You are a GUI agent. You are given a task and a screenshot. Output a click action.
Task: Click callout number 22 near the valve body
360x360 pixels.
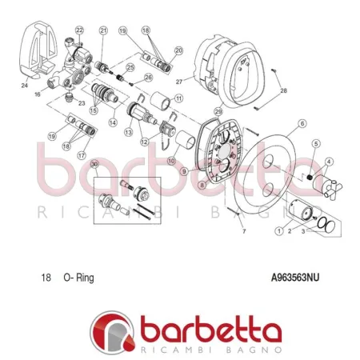[79, 30]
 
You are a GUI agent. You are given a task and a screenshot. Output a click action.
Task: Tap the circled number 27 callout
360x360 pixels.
[179, 81]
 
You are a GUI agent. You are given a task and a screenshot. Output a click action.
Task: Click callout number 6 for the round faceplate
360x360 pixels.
[302, 124]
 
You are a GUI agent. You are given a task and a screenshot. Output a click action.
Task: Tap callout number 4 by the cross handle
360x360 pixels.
[329, 162]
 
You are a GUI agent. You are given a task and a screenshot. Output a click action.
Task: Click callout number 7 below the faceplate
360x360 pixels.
[245, 231]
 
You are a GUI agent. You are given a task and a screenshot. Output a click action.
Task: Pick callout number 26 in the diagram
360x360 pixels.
[148, 78]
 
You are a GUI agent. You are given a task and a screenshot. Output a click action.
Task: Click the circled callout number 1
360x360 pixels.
[278, 232]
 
